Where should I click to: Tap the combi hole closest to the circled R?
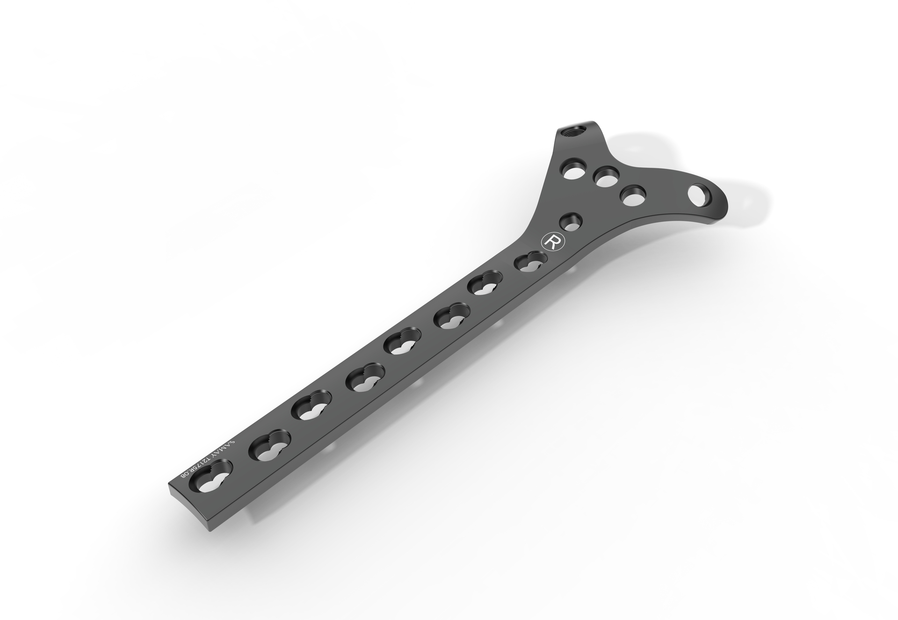[x=531, y=262]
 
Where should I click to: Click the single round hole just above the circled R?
[x=570, y=222]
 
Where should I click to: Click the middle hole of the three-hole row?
[x=605, y=178]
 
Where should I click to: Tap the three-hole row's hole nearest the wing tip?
[x=632, y=195]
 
